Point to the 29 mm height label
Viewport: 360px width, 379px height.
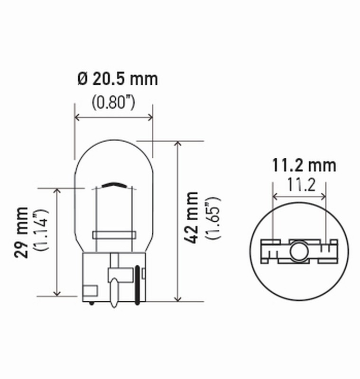(x=21, y=232)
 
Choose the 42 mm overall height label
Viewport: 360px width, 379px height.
(x=191, y=218)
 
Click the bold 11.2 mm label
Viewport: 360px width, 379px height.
(x=304, y=165)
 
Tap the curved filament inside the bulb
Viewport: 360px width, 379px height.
(x=114, y=184)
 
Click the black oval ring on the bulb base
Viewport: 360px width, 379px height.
(x=138, y=284)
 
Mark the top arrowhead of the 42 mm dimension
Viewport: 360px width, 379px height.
(x=177, y=144)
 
